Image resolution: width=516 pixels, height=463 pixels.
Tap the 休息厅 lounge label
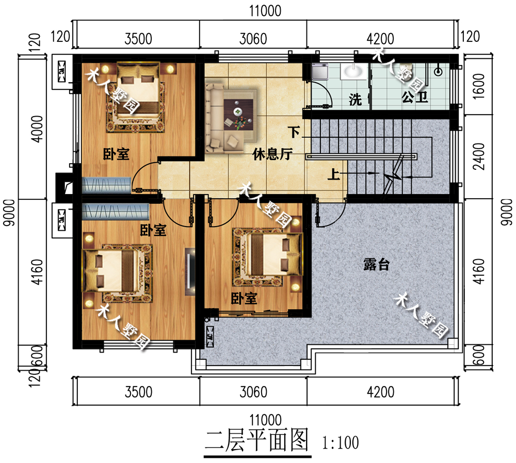[x=270, y=154]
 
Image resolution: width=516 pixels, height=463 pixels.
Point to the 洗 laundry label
[x=355, y=100]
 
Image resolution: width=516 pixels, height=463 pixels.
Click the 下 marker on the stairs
[x=294, y=132]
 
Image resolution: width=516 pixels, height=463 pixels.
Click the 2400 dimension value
[x=479, y=156]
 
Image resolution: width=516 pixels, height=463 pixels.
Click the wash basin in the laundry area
[x=354, y=71]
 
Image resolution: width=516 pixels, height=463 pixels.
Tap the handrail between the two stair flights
[x=361, y=155]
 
